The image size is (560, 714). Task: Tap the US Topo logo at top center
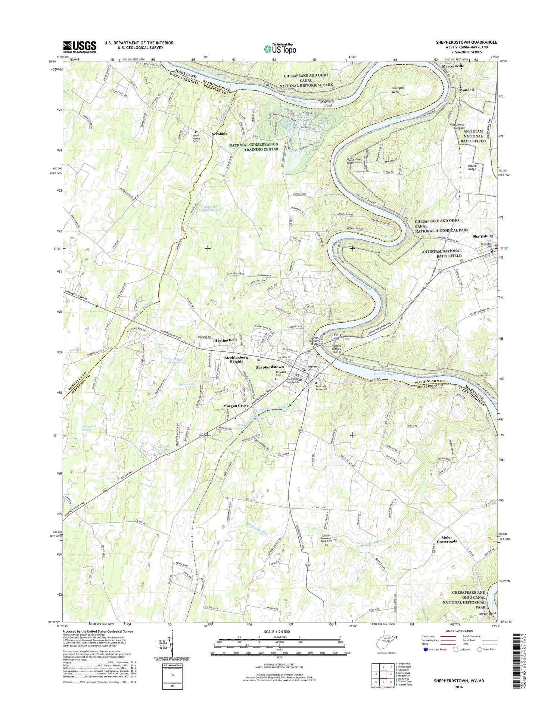tap(280, 48)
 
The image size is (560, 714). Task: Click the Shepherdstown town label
tap(270, 367)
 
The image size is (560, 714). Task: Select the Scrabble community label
tap(219, 133)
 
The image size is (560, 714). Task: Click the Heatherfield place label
tap(225, 340)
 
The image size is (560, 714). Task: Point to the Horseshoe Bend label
tap(350, 161)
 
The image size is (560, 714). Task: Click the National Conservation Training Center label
tap(254, 146)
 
